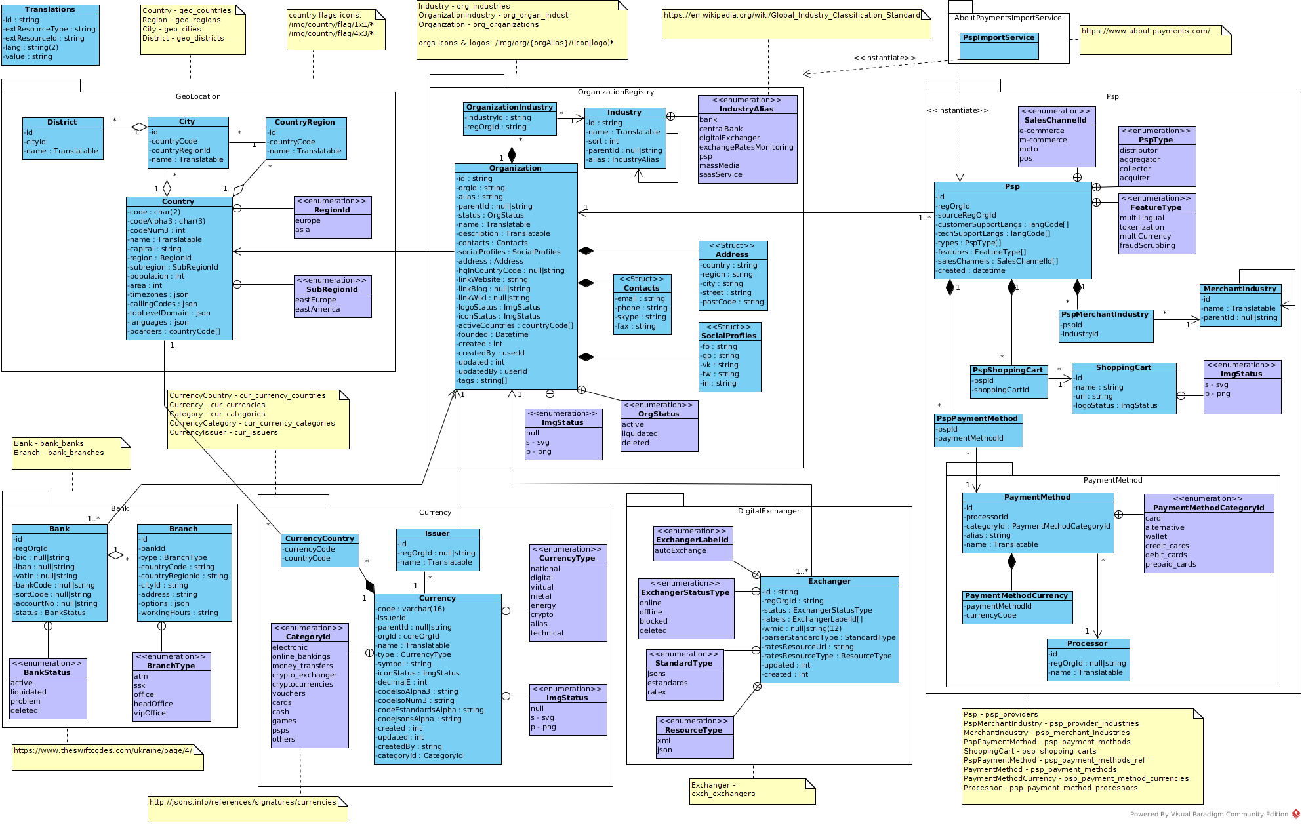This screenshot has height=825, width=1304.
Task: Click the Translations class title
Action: click(x=50, y=10)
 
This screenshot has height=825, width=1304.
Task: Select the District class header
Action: click(x=62, y=122)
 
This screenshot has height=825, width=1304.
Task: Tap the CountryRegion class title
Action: click(x=305, y=122)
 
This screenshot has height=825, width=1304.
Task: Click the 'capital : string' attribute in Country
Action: click(x=156, y=249)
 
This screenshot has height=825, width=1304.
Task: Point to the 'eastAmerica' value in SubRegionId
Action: click(x=317, y=309)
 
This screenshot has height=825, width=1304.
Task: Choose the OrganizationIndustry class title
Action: click(x=510, y=107)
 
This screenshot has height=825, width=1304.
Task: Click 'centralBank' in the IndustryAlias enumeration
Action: click(x=721, y=129)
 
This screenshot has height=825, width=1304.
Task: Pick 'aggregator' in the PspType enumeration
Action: click(x=1140, y=159)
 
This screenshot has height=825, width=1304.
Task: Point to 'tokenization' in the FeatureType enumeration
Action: click(x=1142, y=227)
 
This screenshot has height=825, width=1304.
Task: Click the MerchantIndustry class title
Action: click(x=1240, y=289)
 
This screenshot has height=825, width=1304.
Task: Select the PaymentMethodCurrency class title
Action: click(x=1017, y=595)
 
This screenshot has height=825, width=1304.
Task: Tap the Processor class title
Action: click(x=1088, y=643)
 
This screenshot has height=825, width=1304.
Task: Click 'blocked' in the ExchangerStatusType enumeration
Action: click(x=653, y=621)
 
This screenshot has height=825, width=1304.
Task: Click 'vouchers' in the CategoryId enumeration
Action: click(x=289, y=693)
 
